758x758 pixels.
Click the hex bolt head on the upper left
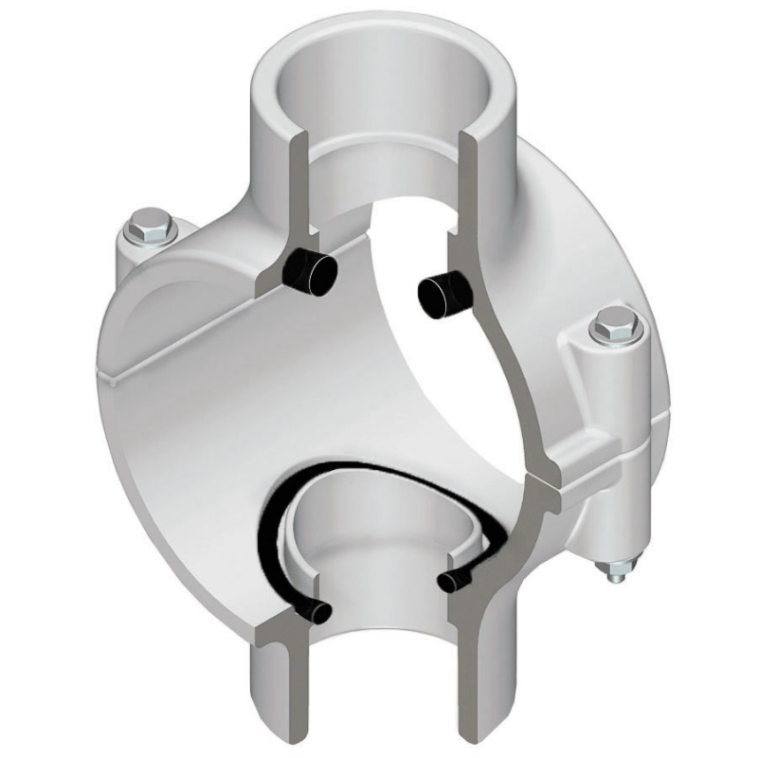(150, 226)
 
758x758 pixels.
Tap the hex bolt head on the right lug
(613, 326)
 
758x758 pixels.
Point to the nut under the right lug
(617, 570)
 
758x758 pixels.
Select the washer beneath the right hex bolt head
(615, 343)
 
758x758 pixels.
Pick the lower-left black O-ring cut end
(316, 611)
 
